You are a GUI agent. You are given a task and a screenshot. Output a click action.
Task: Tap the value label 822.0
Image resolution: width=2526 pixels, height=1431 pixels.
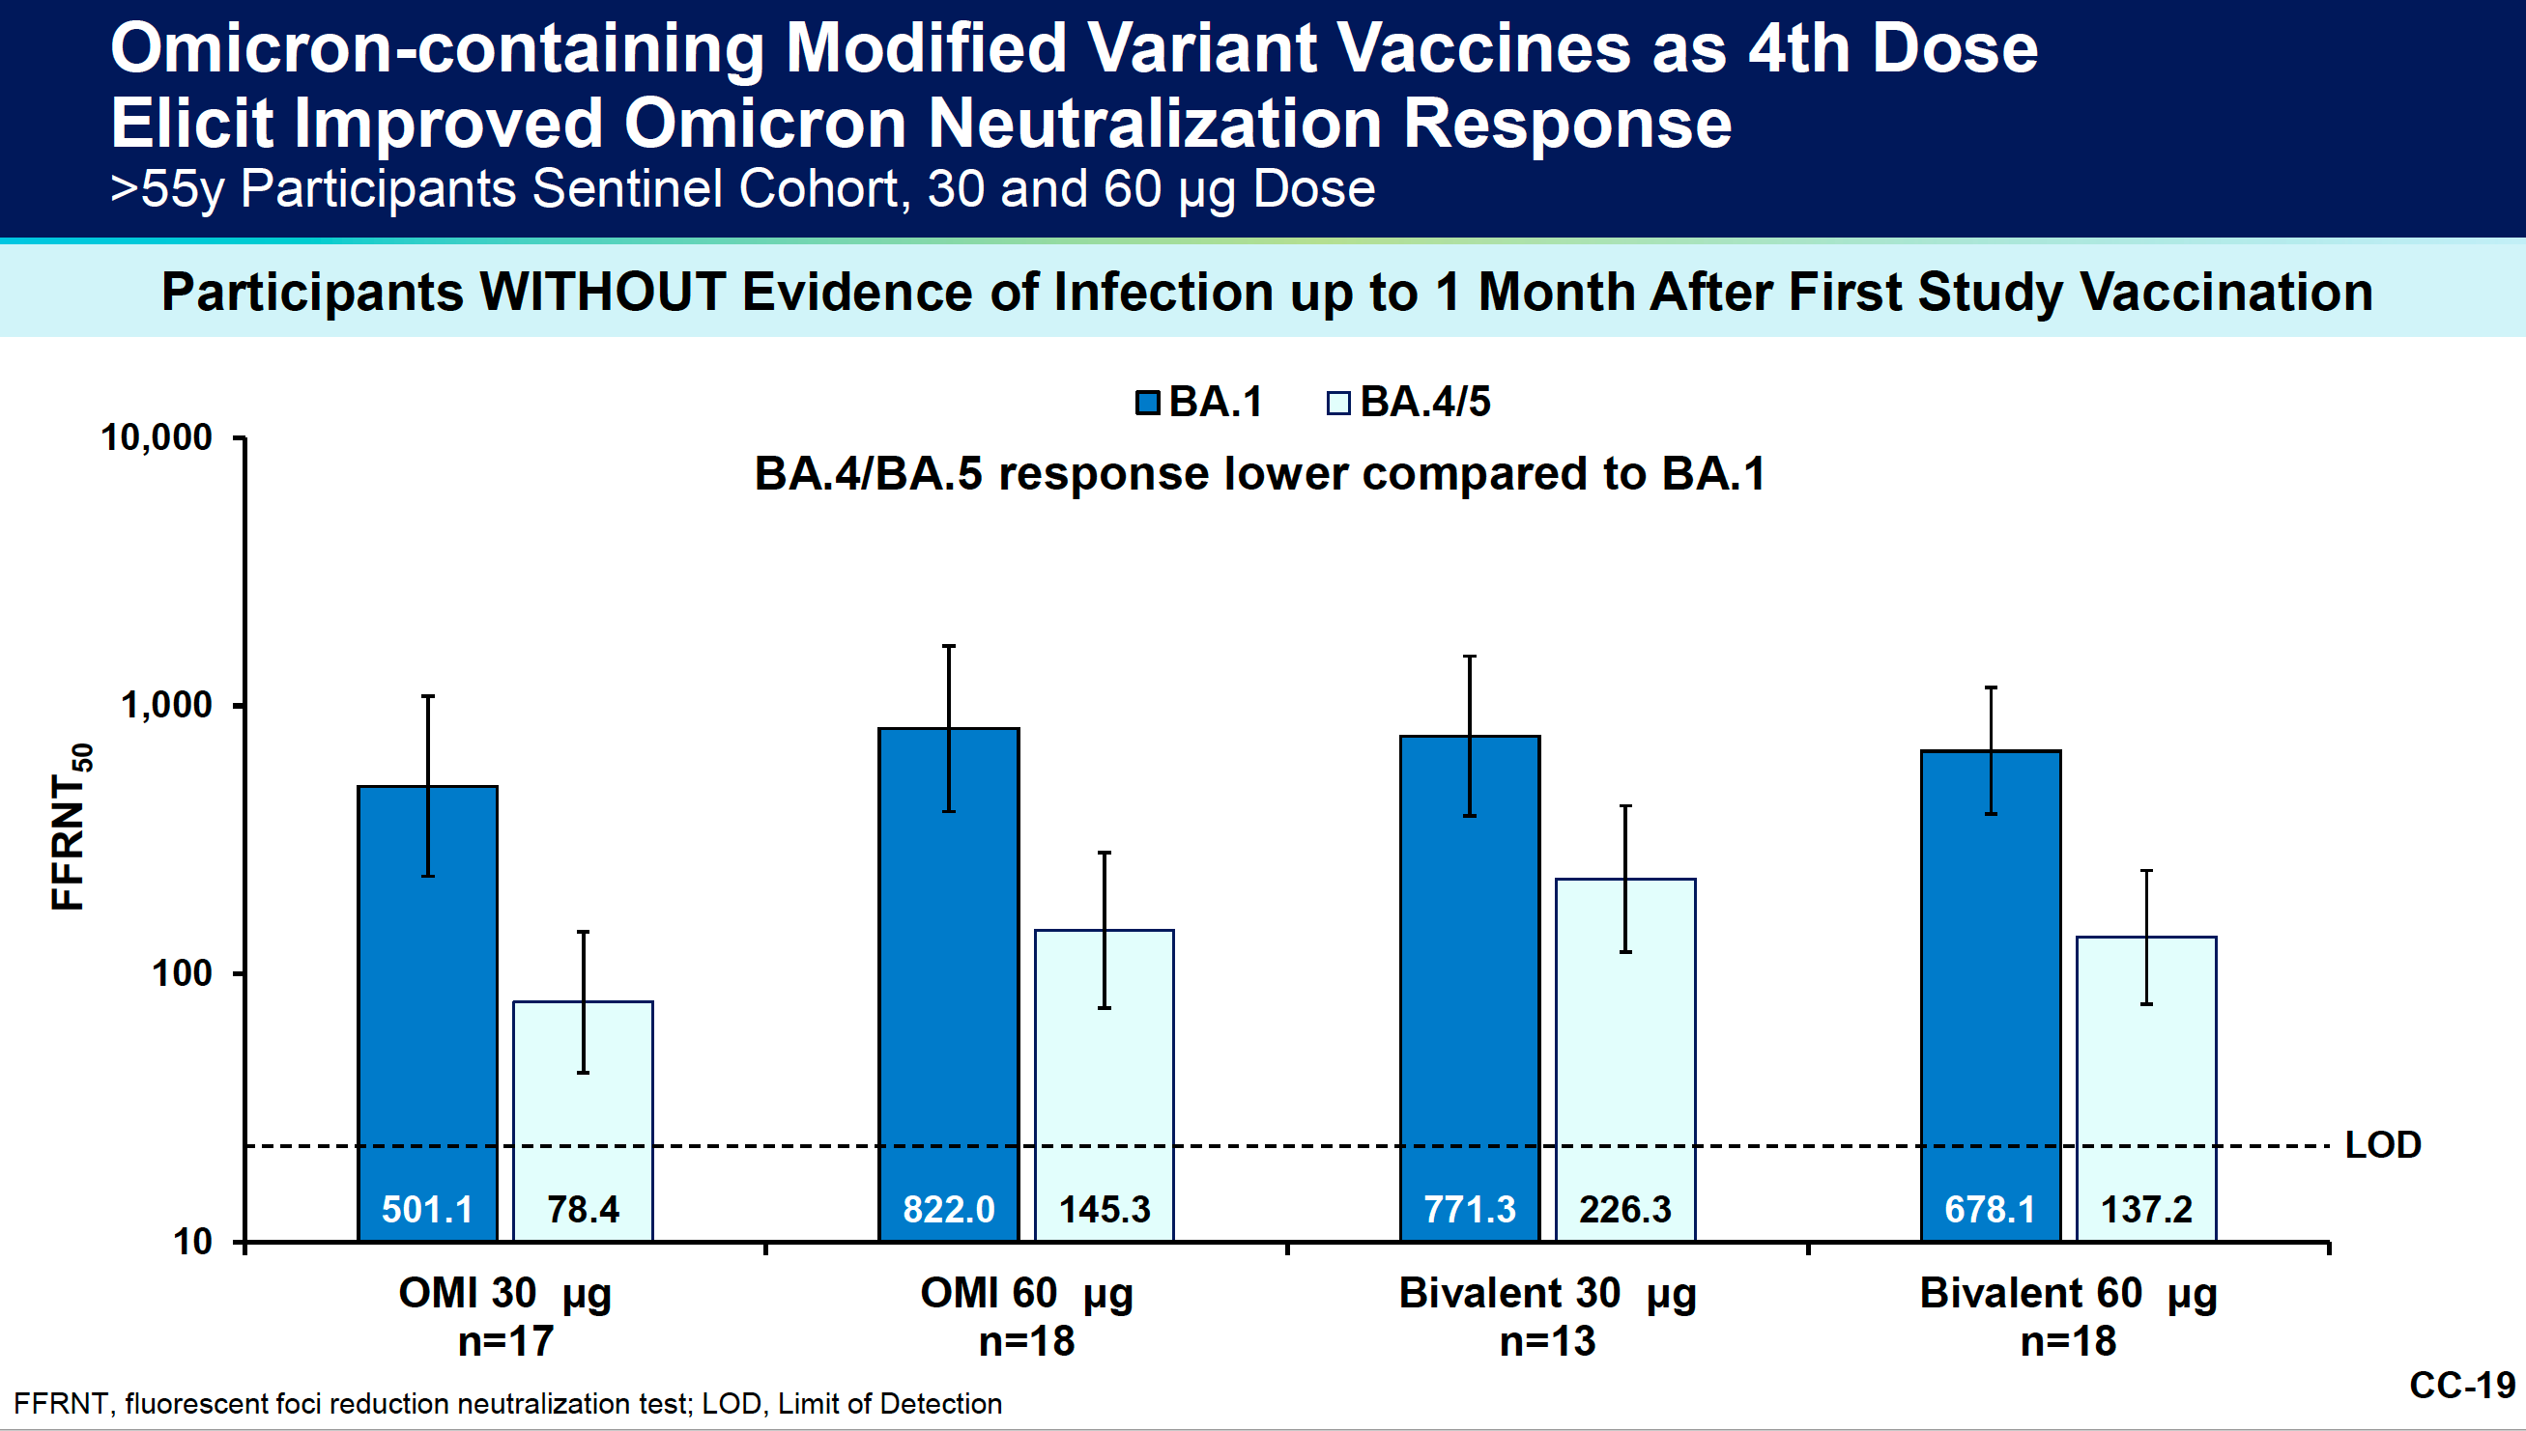coord(948,1209)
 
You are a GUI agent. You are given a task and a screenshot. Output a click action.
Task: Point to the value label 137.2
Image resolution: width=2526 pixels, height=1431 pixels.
coord(2145,1209)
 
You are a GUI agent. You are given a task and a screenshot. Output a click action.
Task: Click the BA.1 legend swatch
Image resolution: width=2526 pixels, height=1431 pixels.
coord(1146,403)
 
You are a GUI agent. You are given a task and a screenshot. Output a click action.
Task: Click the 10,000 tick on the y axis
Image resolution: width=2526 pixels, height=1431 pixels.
coord(157,437)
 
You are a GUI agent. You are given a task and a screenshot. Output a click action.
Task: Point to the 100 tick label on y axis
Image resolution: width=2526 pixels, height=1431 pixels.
coord(181,973)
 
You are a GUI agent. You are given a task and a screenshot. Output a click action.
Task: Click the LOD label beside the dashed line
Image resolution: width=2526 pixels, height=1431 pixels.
coord(2382,1145)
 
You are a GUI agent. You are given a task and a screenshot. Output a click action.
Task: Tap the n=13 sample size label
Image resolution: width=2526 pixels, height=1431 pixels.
coord(1547,1341)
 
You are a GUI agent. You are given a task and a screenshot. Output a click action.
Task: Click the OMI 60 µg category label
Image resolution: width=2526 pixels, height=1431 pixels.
coord(1025,1294)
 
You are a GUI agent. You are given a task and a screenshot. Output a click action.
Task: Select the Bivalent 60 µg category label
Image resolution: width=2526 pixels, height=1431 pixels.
coord(2068,1294)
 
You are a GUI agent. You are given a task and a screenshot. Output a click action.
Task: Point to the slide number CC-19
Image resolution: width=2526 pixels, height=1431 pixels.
coord(2461,1385)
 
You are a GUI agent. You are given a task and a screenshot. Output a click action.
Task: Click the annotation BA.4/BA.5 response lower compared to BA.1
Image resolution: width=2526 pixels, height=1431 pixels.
coord(1259,474)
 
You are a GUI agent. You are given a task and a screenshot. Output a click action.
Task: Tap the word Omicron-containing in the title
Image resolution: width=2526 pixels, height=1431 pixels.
coord(437,49)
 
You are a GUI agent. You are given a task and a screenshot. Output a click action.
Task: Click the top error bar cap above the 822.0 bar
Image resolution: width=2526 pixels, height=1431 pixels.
coord(948,647)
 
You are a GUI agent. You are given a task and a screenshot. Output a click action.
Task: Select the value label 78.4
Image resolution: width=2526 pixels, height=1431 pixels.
coord(583,1209)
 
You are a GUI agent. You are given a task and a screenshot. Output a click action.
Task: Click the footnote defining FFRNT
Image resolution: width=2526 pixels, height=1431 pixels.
coord(507,1404)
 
